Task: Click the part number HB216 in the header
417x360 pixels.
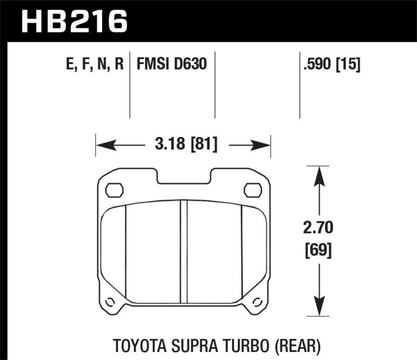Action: [73, 21]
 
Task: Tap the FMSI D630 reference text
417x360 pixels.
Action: [171, 65]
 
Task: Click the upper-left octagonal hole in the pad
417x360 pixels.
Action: [114, 190]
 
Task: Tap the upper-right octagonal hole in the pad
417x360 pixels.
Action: [253, 190]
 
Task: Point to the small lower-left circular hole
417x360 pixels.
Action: [110, 302]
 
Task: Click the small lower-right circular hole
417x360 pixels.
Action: [257, 302]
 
